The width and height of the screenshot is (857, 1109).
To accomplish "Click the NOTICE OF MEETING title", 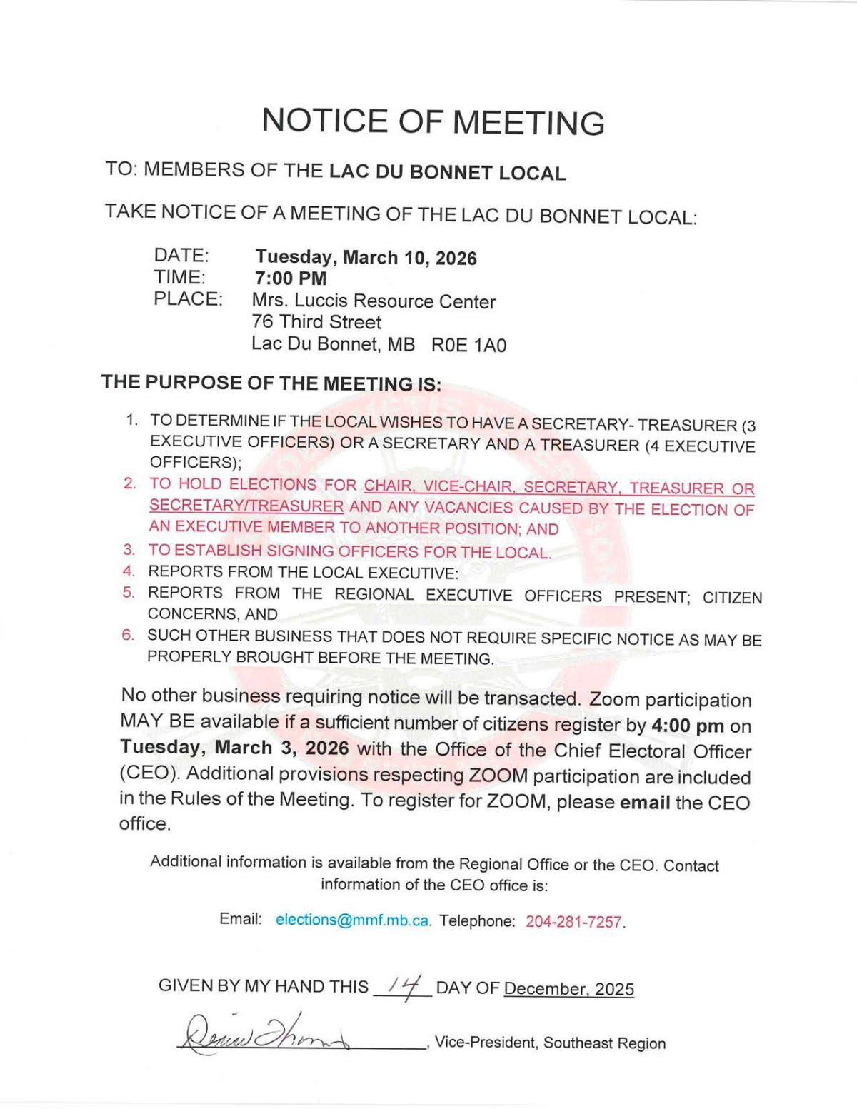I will (433, 121).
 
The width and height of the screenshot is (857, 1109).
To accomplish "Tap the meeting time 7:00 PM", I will (291, 278).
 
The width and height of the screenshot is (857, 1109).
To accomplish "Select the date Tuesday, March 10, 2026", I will (366, 258).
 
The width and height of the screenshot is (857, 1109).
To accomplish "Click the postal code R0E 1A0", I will (468, 346).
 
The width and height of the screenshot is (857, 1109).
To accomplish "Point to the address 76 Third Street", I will (316, 322).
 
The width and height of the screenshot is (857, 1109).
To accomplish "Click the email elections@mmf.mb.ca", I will (353, 920).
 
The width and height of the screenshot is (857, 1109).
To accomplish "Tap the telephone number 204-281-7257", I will (574, 922).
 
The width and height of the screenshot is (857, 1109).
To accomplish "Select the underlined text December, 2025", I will (568, 989).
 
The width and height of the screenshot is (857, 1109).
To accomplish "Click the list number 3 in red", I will (129, 550).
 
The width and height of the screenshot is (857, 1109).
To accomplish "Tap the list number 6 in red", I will (127, 635).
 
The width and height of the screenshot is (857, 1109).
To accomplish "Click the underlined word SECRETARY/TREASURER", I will (246, 506).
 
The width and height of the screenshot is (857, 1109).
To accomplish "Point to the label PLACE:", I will (188, 299).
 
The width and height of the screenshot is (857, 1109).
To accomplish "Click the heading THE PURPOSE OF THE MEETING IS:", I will (271, 383).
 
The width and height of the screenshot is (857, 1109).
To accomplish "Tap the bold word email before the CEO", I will (645, 802).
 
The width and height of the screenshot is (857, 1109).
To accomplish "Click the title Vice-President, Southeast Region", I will (550, 1043).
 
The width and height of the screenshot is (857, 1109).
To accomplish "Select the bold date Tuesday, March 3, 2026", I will (234, 748).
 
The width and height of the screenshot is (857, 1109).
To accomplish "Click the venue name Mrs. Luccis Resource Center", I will (374, 301).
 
